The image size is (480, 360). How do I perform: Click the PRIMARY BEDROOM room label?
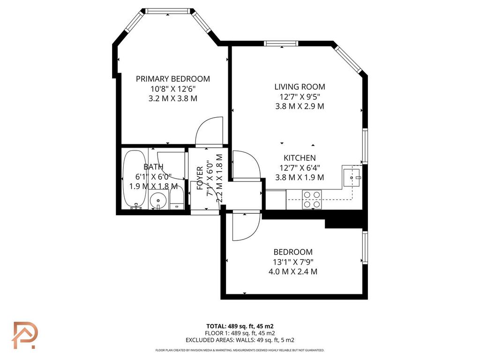[173, 79]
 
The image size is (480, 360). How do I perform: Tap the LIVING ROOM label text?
[300, 87]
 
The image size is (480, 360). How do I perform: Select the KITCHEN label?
[300, 158]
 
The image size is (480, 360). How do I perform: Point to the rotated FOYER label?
[200, 178]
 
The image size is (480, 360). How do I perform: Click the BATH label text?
[153, 167]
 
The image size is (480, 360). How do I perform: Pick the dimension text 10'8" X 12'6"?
[173, 89]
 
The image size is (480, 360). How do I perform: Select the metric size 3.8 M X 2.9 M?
[300, 106]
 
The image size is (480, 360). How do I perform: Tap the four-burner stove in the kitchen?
[312, 200]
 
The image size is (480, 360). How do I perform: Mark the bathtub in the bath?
[135, 180]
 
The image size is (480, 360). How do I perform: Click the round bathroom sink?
[158, 201]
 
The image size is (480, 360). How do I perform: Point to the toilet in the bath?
[177, 198]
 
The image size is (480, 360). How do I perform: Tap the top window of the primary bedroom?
[167, 11]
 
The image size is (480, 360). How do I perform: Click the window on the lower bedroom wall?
[365, 247]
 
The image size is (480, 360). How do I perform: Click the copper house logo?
[25, 335]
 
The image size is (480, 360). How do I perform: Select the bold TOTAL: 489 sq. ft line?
[240, 326]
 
